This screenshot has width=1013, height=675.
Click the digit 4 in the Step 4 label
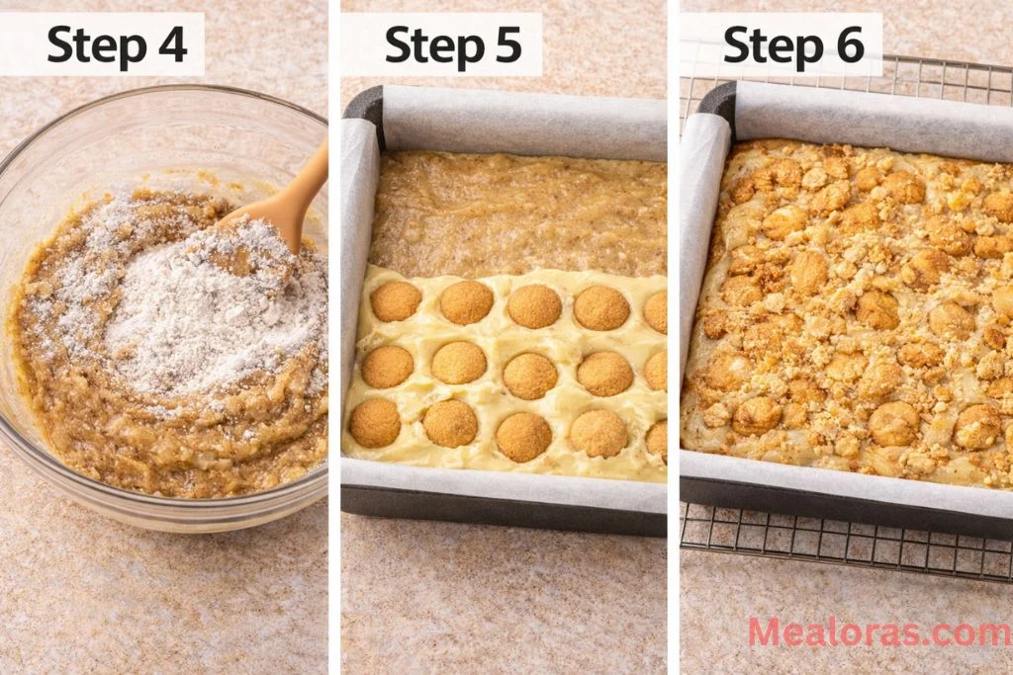click(x=172, y=44)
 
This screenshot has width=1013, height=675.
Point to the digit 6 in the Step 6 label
click(x=848, y=44)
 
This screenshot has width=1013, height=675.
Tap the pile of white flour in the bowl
click(x=218, y=316)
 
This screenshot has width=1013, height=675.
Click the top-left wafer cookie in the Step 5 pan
click(x=396, y=301)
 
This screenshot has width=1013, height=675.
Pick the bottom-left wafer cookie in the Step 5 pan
click(x=375, y=423)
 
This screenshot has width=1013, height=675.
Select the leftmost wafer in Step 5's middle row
click(x=387, y=367)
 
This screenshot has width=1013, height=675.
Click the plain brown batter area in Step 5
click(x=514, y=212)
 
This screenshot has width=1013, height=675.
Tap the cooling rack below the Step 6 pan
click(x=841, y=553)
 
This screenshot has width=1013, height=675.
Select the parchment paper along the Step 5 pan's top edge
click(x=524, y=124)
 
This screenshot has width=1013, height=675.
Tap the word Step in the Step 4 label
click(x=92, y=44)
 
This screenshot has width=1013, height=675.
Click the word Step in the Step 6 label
click(x=768, y=44)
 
